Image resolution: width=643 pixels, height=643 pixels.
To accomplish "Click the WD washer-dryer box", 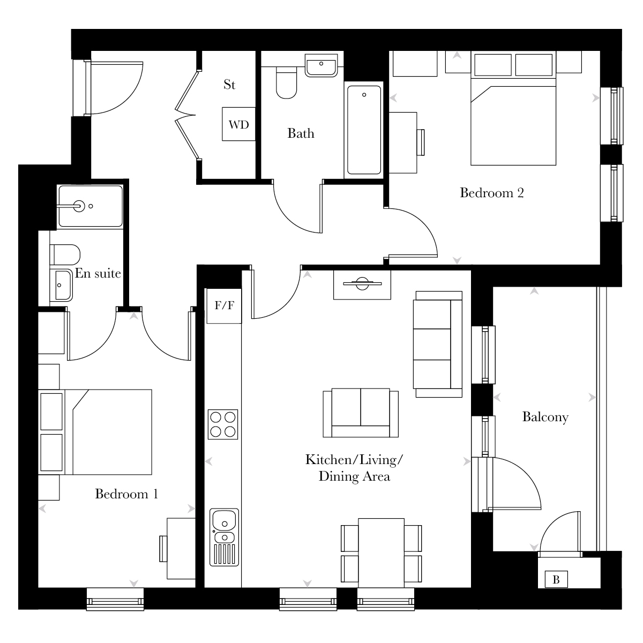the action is click(239, 124).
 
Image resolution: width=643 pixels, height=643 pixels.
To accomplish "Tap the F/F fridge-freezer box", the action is click(224, 305).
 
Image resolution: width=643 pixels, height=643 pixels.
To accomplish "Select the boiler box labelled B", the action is click(556, 579).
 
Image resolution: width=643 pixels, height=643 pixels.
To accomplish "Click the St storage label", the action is click(229, 85).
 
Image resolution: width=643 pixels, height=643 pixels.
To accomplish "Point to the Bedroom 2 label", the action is click(492, 193).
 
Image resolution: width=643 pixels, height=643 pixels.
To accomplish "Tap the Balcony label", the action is click(545, 417).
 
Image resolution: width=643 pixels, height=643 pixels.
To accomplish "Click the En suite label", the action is click(98, 273).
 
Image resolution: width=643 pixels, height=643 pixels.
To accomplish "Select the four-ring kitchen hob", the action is click(223, 424).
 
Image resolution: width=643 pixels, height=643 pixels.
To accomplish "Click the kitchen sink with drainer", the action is click(224, 537).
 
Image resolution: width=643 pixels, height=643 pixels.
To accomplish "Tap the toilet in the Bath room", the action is click(286, 83).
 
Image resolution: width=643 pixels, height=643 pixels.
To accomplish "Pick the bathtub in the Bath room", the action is click(364, 130).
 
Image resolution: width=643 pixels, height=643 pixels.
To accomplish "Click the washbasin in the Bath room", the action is click(321, 66).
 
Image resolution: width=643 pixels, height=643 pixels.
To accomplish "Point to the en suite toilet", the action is click(65, 255).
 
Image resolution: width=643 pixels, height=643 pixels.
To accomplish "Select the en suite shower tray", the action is click(91, 206).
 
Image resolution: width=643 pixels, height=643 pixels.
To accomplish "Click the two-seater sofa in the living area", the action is click(361, 413).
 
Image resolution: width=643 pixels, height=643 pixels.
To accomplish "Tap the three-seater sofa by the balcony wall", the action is click(438, 344).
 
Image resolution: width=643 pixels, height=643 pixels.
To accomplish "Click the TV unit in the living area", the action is click(362, 285).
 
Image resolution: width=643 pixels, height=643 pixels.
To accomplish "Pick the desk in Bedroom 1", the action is click(181, 549).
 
